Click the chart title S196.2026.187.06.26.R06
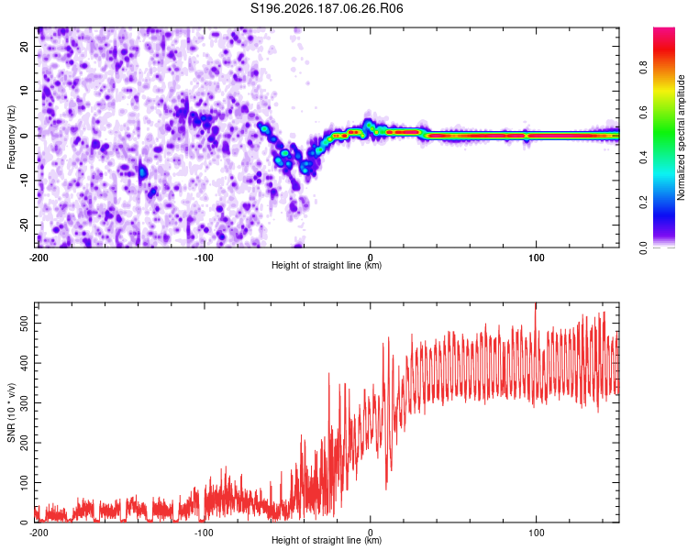tap(327, 8)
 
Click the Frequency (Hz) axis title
tap(11, 137)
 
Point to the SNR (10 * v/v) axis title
tap(11, 412)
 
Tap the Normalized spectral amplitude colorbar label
tap(681, 137)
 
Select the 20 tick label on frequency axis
tap(24, 46)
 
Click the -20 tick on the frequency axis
tap(24, 225)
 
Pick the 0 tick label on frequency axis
tap(24, 136)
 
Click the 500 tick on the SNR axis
tap(24, 324)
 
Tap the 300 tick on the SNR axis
tap(24, 402)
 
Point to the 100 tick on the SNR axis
tap(24, 482)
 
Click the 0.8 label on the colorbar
tap(643, 68)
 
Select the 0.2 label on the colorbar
tap(643, 203)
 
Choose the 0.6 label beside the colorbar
tap(643, 113)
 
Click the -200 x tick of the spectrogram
tap(39, 258)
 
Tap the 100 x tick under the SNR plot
tap(537, 533)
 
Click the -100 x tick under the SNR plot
tap(204, 533)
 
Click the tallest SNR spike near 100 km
tap(536, 304)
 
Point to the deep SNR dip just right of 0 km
tap(386, 488)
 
